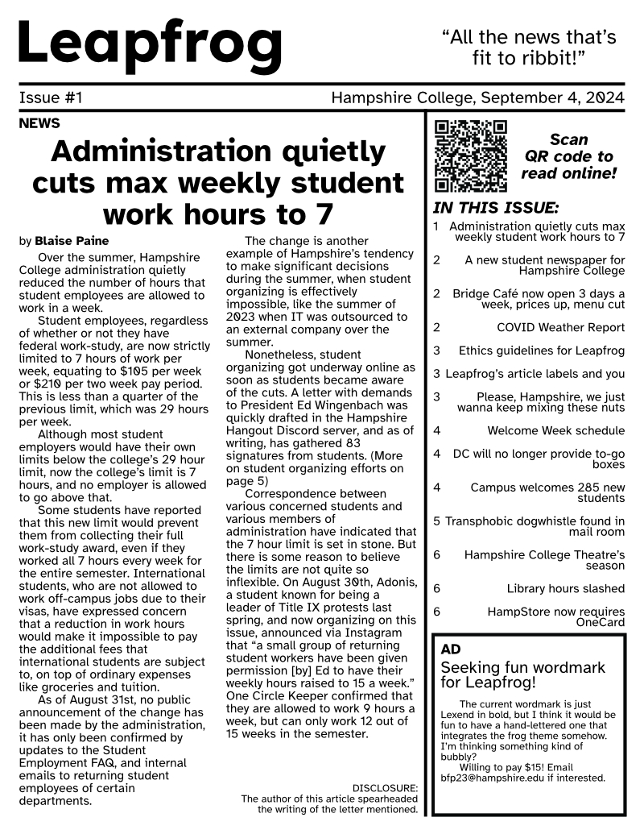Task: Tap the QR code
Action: click(471, 156)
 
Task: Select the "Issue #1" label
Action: click(51, 98)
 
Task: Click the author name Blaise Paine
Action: click(72, 241)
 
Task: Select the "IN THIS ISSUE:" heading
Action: click(496, 207)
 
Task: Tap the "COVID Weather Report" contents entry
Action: click(560, 327)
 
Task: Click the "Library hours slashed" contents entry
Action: click(565, 589)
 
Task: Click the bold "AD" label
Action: click(451, 649)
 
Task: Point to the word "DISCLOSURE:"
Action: click(385, 787)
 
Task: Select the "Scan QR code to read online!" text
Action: click(568, 156)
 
